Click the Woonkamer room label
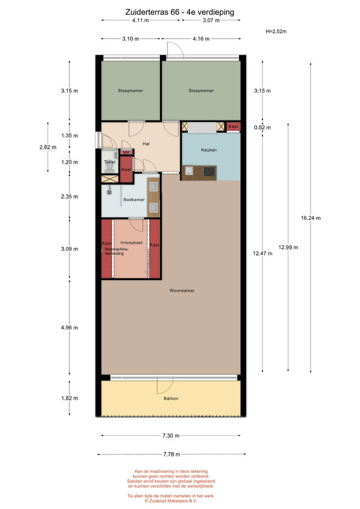[x=182, y=291]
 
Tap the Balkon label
[x=171, y=398]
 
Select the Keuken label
[x=209, y=150]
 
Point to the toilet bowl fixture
[x=110, y=167]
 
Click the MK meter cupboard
[x=126, y=152]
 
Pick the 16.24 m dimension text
[x=310, y=218]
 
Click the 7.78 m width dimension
[x=171, y=454]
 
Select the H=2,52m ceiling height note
[x=276, y=31]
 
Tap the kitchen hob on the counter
[x=210, y=171]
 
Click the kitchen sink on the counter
[x=189, y=171]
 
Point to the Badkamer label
[x=134, y=200]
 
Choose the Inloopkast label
[x=131, y=242]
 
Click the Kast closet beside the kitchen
[x=233, y=127]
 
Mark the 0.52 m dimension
[x=262, y=128]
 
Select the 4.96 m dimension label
[x=69, y=328]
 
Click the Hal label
[x=146, y=144]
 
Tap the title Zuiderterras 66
[x=152, y=12]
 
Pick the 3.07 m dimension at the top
[x=211, y=20]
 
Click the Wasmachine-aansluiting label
[x=115, y=251]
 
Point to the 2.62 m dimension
[x=48, y=147]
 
